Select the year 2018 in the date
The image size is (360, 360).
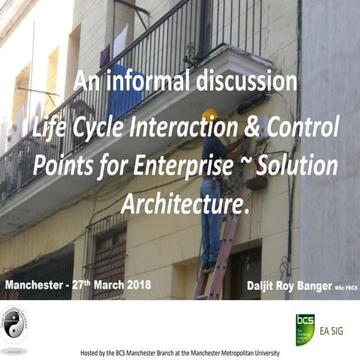(136, 285)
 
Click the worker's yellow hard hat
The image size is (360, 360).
(211, 115)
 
